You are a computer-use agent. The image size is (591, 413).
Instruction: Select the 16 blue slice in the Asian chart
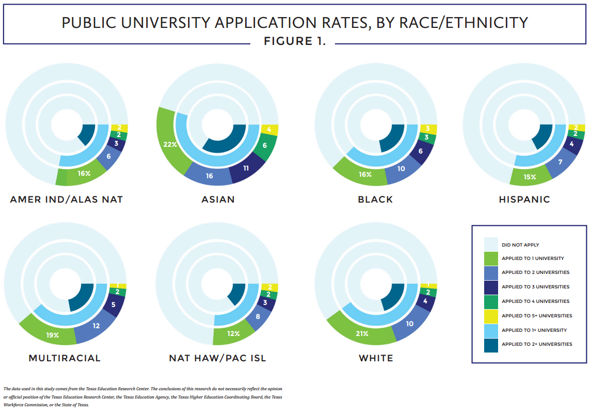click(x=210, y=176)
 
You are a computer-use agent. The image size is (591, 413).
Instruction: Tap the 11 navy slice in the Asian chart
click(x=246, y=168)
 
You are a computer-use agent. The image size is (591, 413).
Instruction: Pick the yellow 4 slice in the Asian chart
click(x=268, y=130)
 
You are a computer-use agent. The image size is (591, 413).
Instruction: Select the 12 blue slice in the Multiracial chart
click(x=95, y=326)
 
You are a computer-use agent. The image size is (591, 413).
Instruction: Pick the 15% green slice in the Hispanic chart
click(x=530, y=176)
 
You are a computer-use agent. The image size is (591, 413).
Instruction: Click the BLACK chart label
click(x=375, y=199)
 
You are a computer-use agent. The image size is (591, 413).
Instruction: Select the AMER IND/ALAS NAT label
click(x=66, y=199)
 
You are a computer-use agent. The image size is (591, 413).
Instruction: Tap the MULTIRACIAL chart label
click(x=65, y=358)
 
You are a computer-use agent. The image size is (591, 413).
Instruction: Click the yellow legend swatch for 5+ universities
click(x=491, y=315)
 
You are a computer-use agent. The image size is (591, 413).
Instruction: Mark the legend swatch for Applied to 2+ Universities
click(x=491, y=344)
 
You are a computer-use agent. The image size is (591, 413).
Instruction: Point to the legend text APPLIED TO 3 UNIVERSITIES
click(x=535, y=287)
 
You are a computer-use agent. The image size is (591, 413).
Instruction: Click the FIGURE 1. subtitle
click(x=295, y=41)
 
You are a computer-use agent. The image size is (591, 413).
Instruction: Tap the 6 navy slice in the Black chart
click(x=421, y=151)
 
